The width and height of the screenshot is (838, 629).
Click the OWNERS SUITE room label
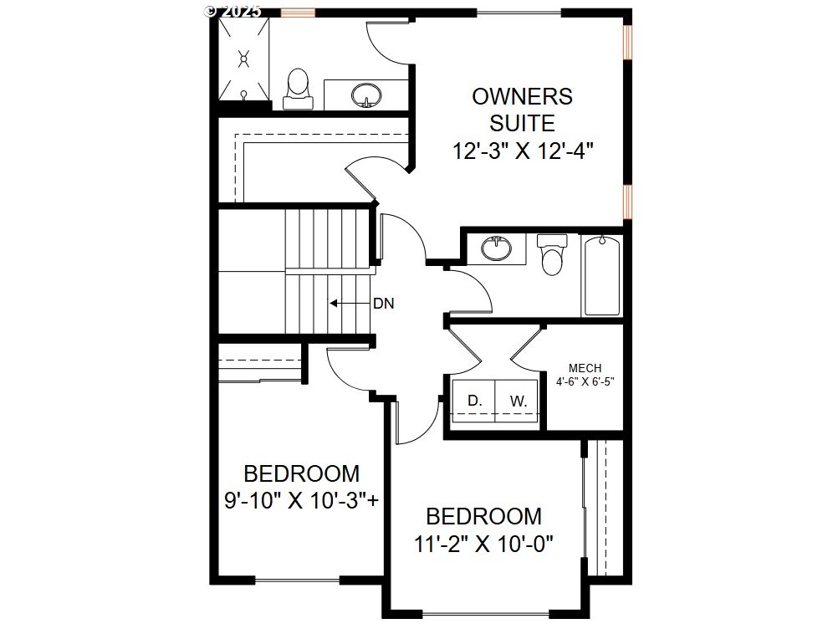(x=522, y=110)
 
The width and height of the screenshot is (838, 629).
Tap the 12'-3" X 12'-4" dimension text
(x=523, y=151)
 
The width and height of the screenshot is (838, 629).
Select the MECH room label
(x=585, y=368)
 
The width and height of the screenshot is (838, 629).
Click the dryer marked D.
(x=474, y=401)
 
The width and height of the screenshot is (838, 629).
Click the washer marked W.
(x=516, y=401)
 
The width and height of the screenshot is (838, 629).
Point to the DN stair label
(x=383, y=304)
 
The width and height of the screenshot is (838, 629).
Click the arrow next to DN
(x=349, y=304)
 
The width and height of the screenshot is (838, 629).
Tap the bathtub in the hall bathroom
(x=602, y=276)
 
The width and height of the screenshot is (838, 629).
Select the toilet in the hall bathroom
(x=552, y=254)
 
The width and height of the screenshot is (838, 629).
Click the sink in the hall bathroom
(x=497, y=248)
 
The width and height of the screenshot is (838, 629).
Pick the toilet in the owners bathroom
(x=297, y=89)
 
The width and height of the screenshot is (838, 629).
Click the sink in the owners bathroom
(x=366, y=95)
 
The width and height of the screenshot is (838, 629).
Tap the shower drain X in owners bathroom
(x=244, y=59)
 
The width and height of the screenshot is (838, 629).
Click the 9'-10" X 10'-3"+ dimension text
(x=302, y=501)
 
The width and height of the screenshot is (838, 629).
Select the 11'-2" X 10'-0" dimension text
(x=483, y=545)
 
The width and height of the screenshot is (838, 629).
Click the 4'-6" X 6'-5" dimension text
(x=585, y=381)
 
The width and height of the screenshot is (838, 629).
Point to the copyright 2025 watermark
(x=233, y=11)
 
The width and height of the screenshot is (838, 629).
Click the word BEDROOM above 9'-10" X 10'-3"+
(x=302, y=474)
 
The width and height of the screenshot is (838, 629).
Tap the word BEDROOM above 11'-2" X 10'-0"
(x=483, y=517)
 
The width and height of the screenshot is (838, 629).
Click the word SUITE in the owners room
(x=522, y=124)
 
